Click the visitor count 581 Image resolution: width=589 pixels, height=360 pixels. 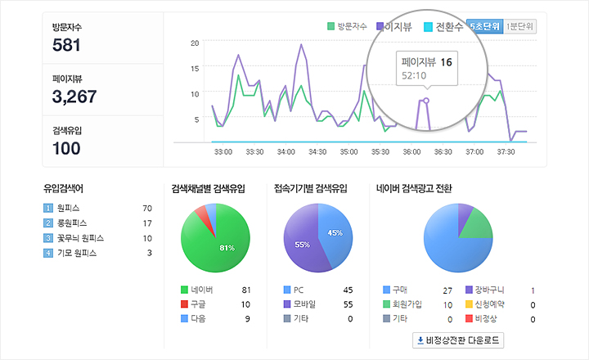(66, 45)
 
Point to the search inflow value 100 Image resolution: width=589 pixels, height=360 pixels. (66, 148)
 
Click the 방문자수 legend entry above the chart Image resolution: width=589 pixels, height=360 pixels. (347, 26)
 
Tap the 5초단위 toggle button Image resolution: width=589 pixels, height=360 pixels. (483, 26)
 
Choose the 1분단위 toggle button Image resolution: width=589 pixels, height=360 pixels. (520, 26)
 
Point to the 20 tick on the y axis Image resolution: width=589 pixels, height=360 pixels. (194, 43)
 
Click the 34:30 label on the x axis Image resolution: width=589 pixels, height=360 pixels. (317, 151)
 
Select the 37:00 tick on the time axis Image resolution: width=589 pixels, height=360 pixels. (474, 151)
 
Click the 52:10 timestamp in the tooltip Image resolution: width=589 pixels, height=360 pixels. (414, 76)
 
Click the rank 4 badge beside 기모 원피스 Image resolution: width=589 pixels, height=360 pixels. (47, 253)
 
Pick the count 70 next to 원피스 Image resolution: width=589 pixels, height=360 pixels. (147, 209)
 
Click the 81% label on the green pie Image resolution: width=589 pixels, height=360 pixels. (227, 247)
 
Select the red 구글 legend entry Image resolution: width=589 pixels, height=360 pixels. (196, 304)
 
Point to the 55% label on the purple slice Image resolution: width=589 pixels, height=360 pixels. (302, 245)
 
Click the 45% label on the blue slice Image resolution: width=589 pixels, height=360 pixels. (335, 233)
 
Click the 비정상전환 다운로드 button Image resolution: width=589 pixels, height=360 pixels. (458, 340)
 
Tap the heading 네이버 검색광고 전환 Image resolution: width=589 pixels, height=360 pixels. (414, 187)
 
